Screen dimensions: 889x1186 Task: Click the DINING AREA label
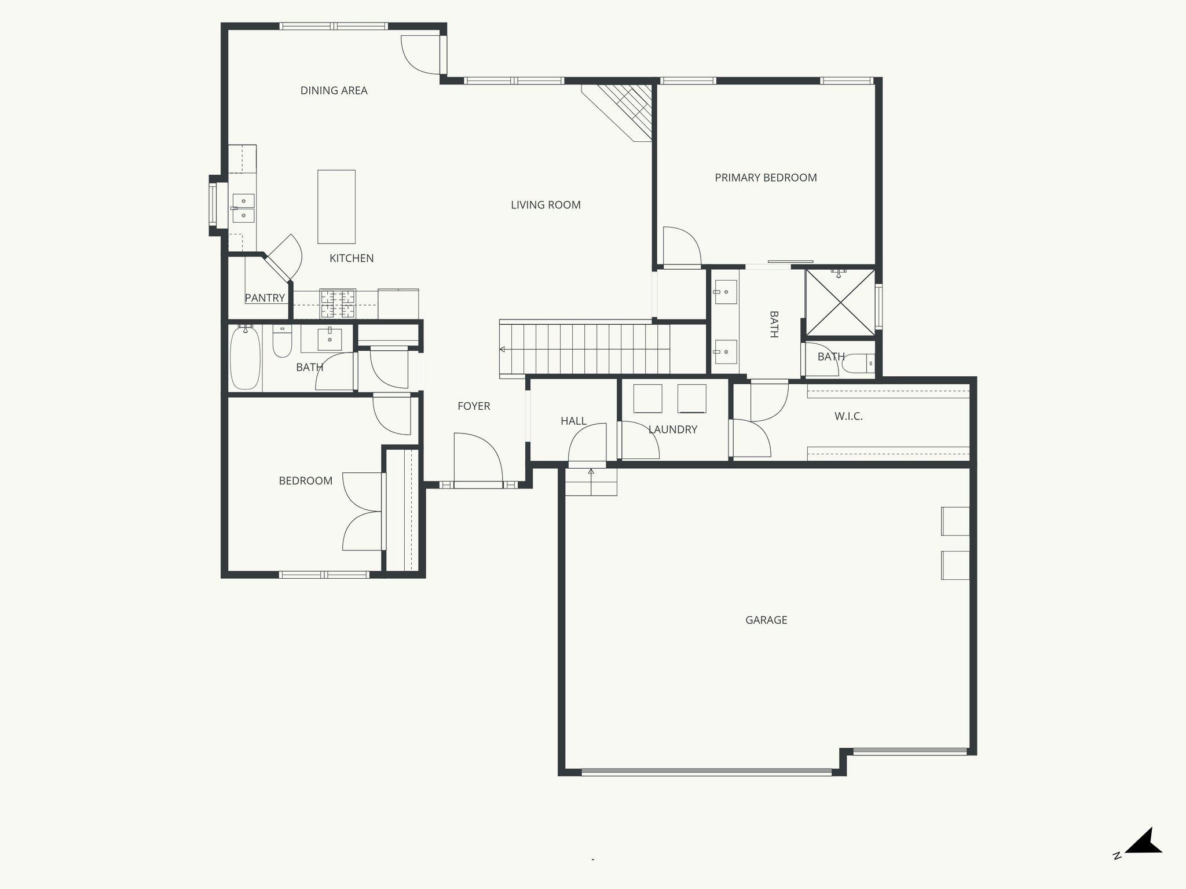334,90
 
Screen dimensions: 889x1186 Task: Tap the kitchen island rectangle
336,207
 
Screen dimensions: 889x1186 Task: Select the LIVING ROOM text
546,205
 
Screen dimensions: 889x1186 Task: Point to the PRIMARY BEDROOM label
766,178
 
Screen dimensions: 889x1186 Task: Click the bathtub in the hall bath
245,358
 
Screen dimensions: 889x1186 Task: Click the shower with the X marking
840,303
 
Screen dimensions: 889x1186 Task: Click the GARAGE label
766,620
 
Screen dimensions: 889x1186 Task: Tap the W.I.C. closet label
848,416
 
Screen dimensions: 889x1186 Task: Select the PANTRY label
265,298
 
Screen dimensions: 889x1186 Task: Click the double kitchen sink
244,208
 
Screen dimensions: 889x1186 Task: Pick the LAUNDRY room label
672,429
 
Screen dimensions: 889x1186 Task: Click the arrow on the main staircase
503,350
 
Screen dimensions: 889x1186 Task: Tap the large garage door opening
707,772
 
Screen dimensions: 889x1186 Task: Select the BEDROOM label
305,481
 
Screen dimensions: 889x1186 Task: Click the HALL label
573,421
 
